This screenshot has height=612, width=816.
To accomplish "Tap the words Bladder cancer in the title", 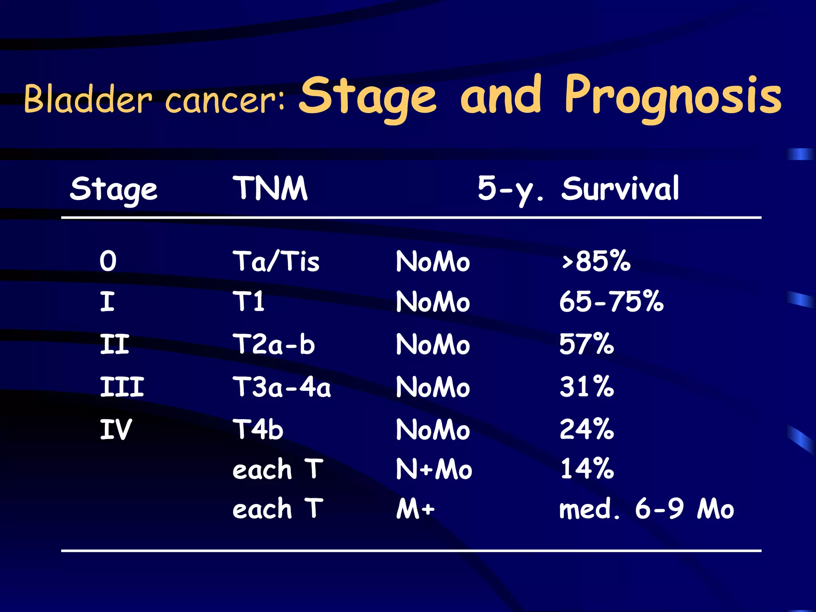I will [153, 99].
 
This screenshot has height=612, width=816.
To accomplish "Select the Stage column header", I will [114, 189].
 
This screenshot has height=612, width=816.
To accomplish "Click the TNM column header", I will [270, 188].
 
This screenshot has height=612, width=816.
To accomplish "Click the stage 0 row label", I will [108, 261].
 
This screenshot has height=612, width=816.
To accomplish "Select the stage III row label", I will [122, 387].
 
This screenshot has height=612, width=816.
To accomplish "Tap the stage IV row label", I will [115, 430].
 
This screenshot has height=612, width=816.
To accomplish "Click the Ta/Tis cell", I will [276, 262].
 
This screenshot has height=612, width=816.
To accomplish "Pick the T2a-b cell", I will [274, 344].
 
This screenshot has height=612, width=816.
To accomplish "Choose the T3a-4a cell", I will [281, 387].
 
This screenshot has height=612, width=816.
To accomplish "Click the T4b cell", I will [258, 430].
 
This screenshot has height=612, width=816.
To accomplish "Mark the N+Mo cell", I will [433, 469].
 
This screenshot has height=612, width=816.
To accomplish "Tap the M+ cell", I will [415, 509].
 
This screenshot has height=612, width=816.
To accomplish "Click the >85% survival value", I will [596, 261].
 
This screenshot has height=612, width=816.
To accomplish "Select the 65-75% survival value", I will [611, 302].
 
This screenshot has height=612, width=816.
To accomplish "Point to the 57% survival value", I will [586, 344].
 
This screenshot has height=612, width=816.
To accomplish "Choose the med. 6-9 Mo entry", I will [646, 509].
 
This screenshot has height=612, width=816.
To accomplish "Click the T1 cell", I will [249, 302].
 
